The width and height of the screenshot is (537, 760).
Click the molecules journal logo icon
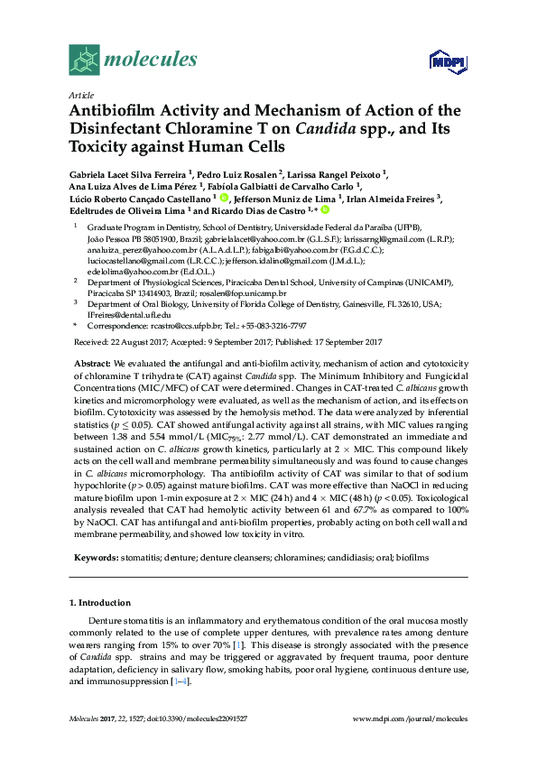tap(84, 60)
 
